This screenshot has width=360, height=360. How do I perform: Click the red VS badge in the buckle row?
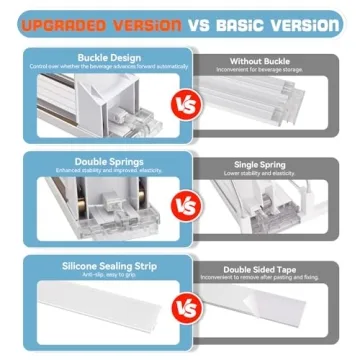point(180,104)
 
